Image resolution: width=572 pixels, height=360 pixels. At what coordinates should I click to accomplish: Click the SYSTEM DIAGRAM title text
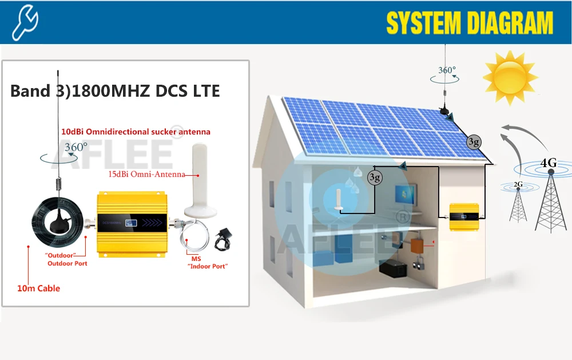pyautogui.click(x=470, y=23)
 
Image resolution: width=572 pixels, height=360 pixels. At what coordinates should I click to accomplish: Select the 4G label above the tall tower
pyautogui.click(x=548, y=163)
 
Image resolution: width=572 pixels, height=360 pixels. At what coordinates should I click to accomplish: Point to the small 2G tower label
pyautogui.click(x=518, y=184)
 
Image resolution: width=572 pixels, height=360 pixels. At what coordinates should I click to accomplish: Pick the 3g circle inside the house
pyautogui.click(x=374, y=177)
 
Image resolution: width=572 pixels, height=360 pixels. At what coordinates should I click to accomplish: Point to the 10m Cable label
pyautogui.click(x=38, y=288)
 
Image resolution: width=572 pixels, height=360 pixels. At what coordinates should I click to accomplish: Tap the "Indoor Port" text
pyautogui.click(x=208, y=267)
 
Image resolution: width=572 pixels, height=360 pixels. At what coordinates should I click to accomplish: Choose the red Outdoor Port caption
pyautogui.click(x=67, y=263)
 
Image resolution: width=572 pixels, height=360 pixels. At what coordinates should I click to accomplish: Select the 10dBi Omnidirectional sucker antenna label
pyautogui.click(x=136, y=132)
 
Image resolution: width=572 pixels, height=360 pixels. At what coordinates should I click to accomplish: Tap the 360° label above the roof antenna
pyautogui.click(x=447, y=71)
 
